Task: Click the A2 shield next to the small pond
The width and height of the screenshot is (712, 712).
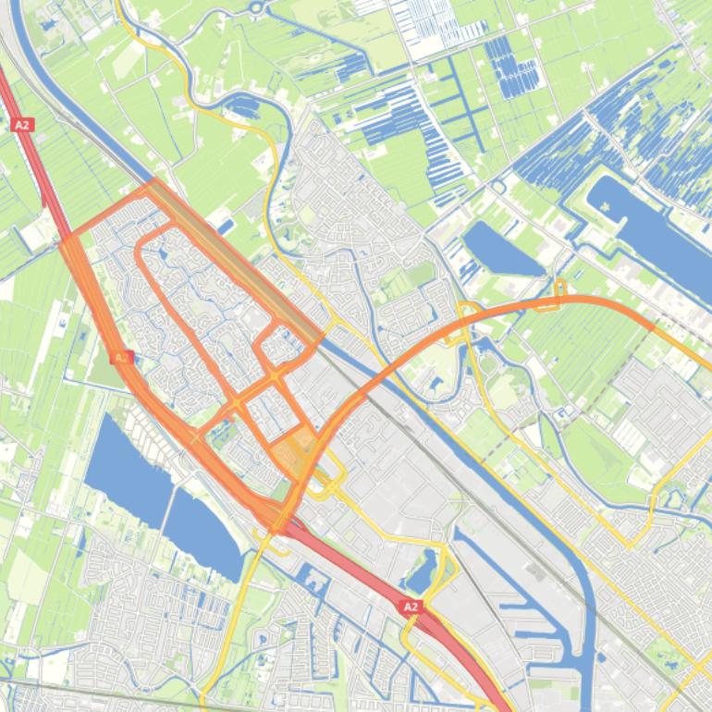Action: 411,607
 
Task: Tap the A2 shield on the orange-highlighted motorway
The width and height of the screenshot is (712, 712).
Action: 120,357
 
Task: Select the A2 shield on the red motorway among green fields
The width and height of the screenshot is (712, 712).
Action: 21,124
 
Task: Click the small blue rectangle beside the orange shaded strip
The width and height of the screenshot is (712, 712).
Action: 226,225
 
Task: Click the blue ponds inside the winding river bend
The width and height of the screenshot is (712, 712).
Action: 245,108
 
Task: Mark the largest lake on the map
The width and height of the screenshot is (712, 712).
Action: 647,231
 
